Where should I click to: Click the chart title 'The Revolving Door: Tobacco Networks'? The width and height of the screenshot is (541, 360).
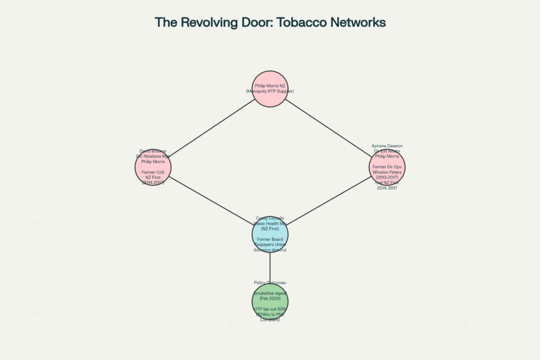(x=270, y=22)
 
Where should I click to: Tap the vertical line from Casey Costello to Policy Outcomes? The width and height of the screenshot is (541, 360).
(x=270, y=268)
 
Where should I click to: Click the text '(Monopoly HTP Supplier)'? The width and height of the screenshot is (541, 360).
(x=270, y=91)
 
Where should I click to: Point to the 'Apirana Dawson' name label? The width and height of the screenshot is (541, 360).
(x=387, y=146)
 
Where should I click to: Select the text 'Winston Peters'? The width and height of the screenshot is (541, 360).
(x=387, y=172)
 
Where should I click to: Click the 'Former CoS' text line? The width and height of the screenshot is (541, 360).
(x=153, y=172)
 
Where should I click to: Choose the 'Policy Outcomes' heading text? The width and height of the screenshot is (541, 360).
(x=270, y=283)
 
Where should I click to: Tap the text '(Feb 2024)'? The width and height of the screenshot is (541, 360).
(x=270, y=298)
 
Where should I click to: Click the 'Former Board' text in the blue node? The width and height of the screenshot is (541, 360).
(x=270, y=239)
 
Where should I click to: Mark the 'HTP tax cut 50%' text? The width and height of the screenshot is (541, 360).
(x=270, y=309)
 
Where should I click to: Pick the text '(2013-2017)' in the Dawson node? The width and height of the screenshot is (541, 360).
(x=387, y=177)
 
